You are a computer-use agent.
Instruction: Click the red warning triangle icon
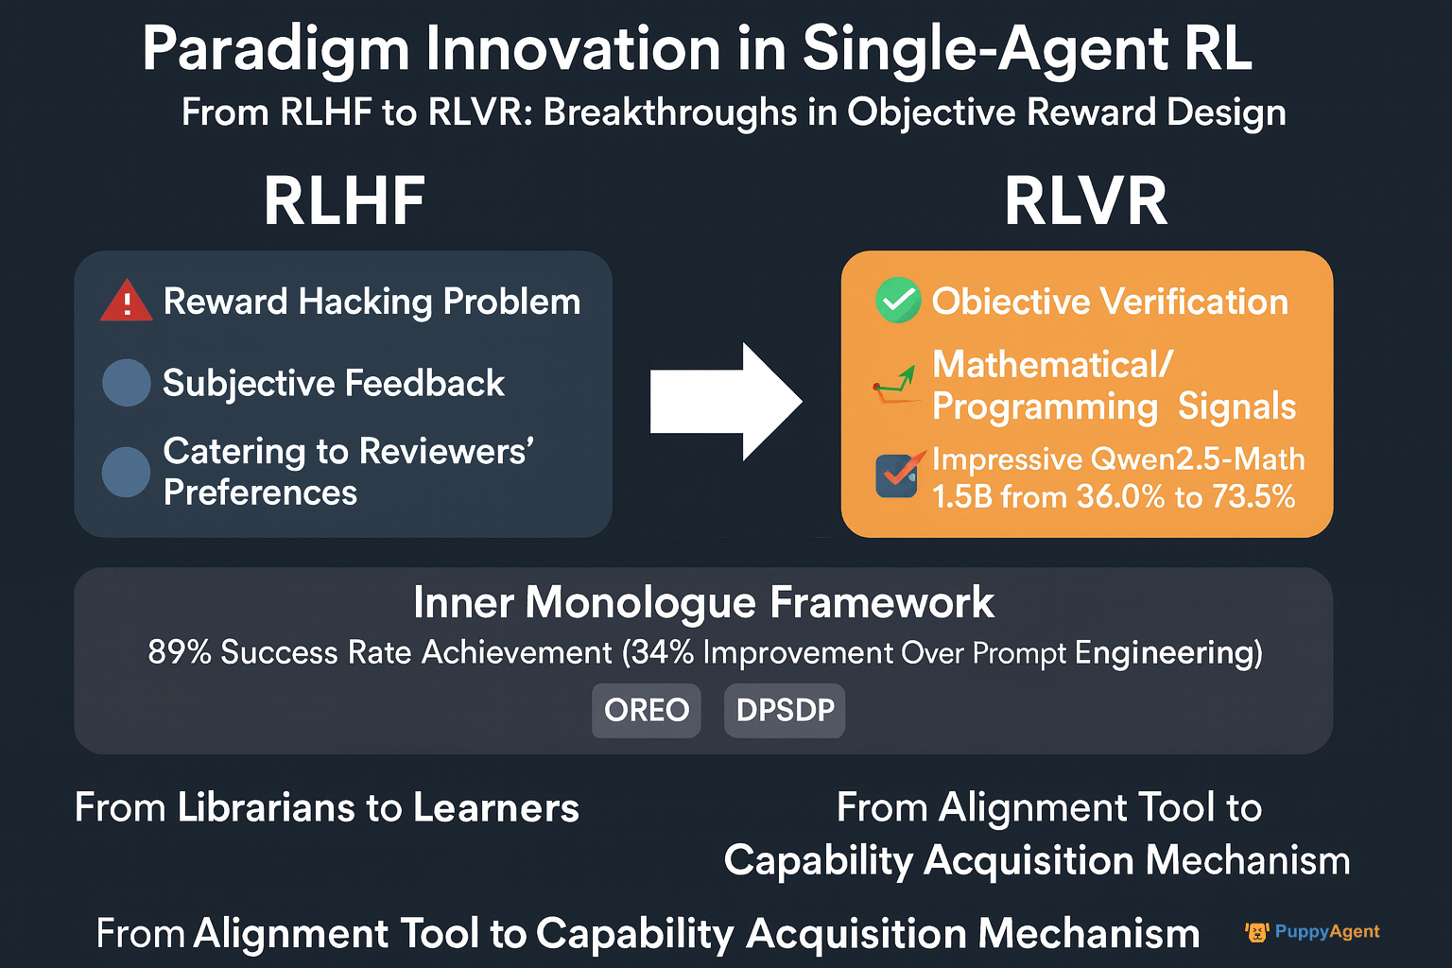(127, 302)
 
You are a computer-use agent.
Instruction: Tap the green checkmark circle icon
(898, 301)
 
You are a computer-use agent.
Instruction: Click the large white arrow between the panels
(726, 402)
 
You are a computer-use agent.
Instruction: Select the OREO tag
(647, 710)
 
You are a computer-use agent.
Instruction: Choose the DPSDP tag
(785, 710)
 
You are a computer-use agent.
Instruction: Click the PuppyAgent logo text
(1327, 932)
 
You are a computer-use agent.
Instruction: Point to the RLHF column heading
(344, 201)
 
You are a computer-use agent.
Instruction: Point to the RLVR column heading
(1086, 201)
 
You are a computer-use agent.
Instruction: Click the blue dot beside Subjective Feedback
(127, 383)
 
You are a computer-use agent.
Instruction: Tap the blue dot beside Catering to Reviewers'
(127, 472)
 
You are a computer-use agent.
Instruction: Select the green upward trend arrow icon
(896, 385)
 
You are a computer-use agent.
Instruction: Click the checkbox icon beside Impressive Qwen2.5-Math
(898, 475)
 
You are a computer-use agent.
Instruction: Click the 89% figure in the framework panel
(180, 651)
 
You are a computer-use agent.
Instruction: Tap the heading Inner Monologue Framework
(703, 602)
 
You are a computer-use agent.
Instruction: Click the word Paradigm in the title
(275, 50)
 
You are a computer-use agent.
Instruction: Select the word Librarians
(266, 808)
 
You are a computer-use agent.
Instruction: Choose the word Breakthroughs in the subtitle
(670, 112)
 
